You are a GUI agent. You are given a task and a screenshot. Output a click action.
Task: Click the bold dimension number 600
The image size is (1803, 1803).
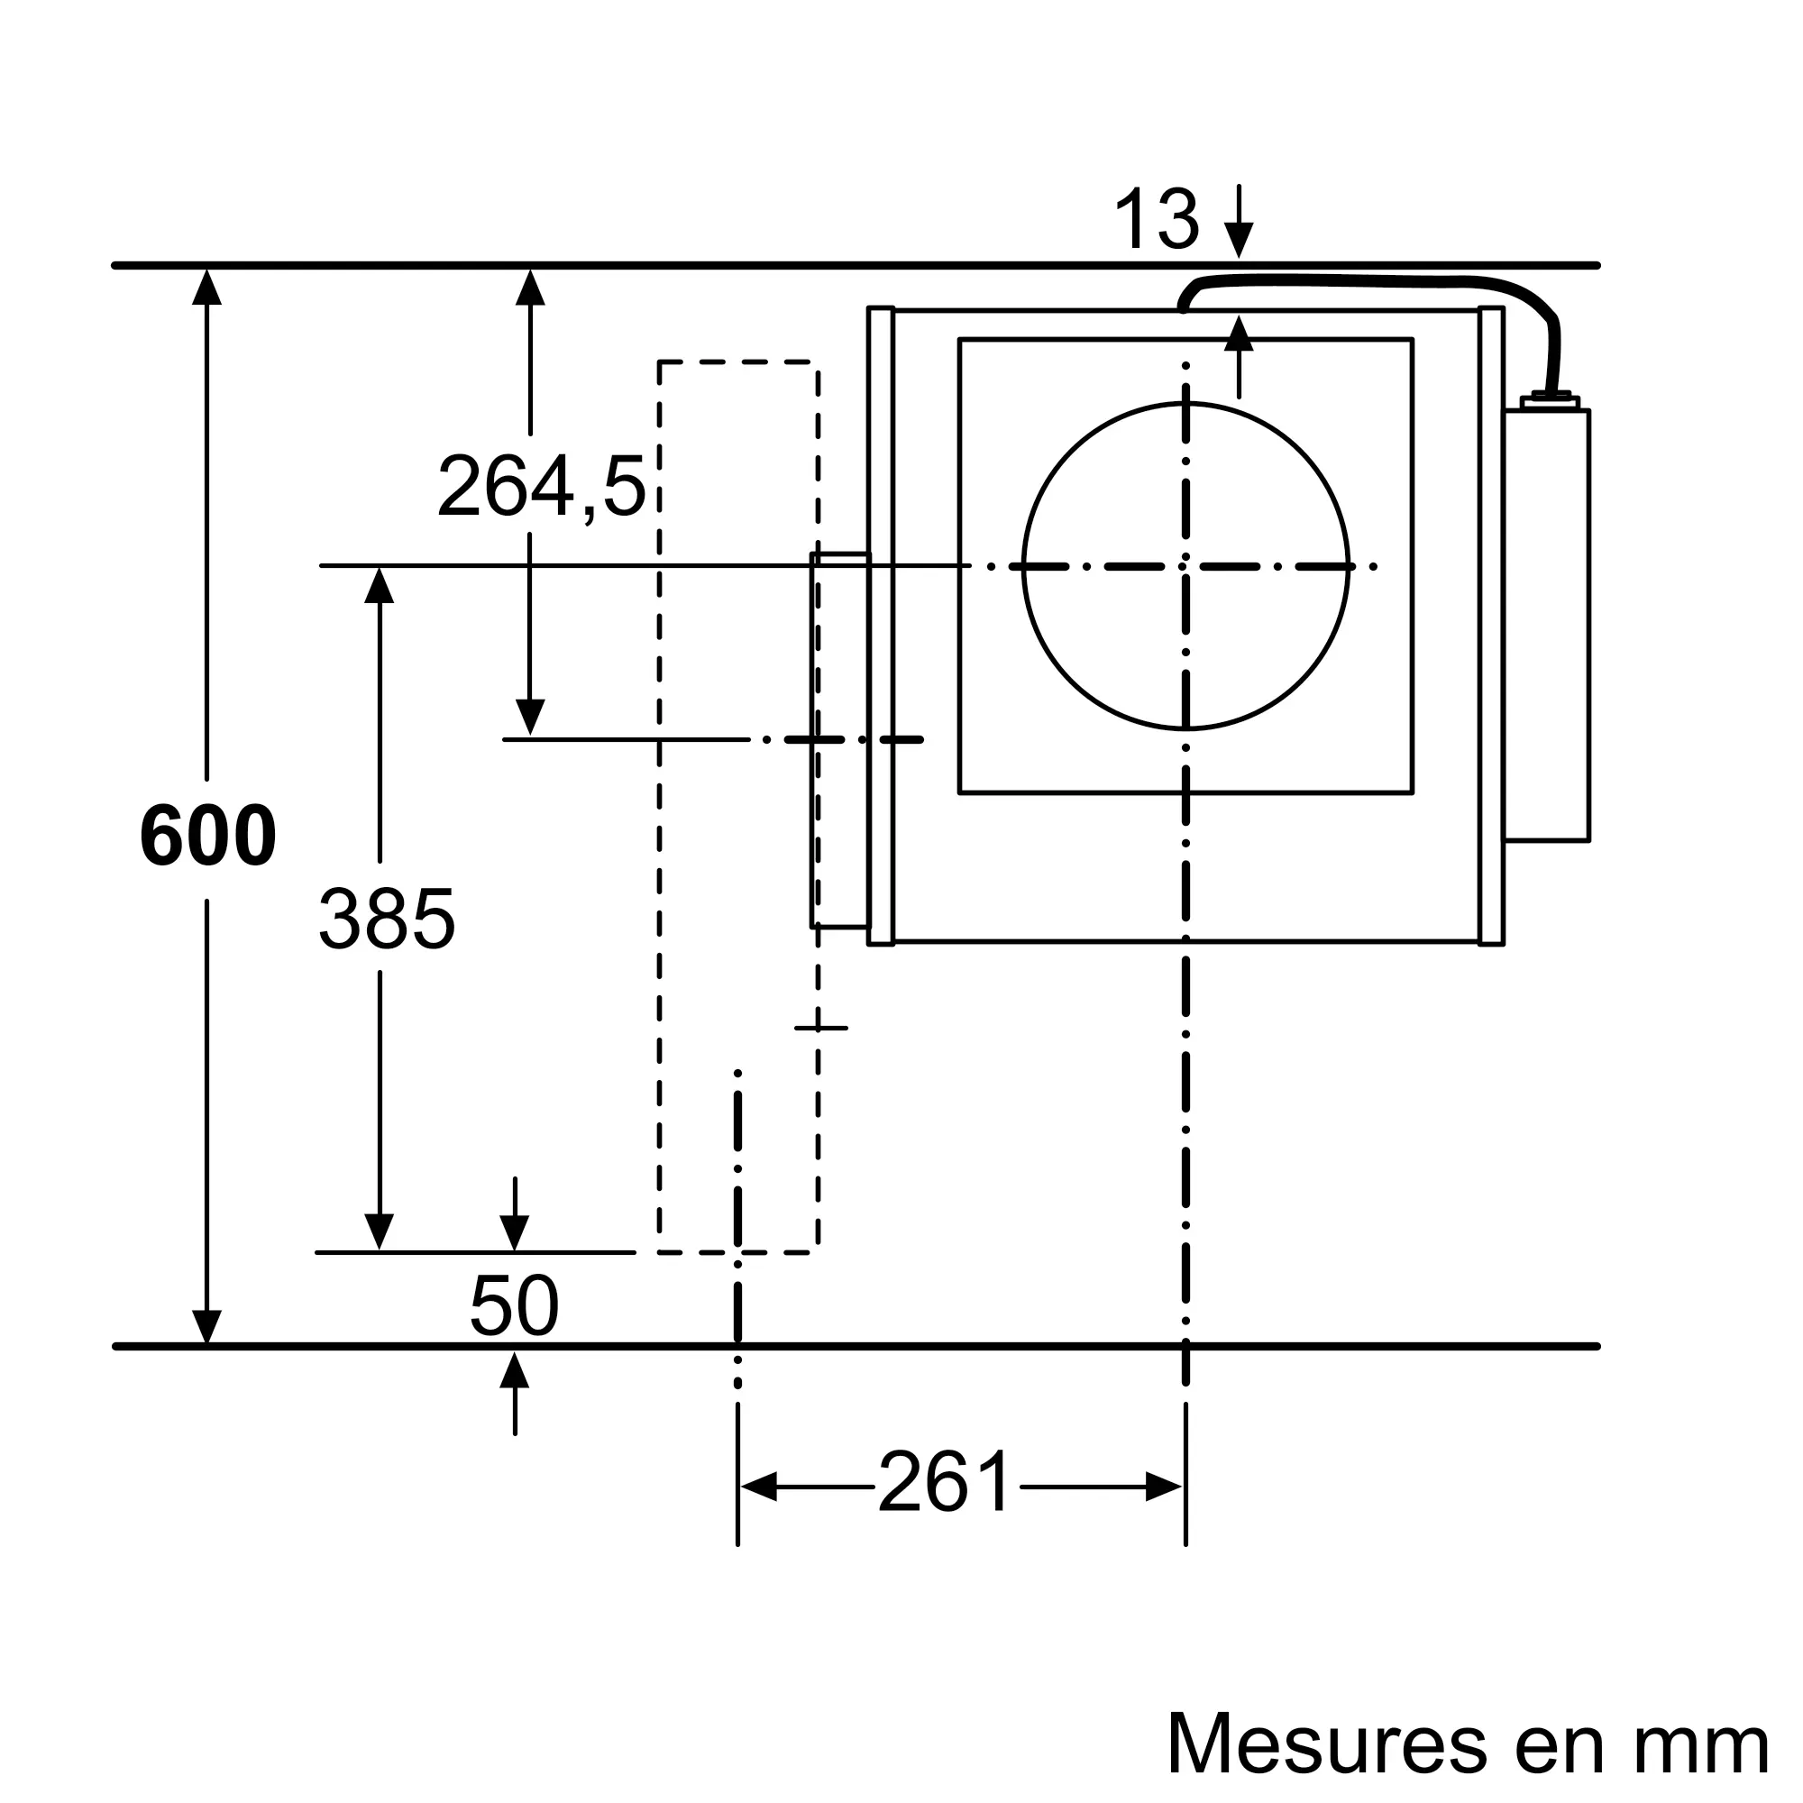[x=207, y=837]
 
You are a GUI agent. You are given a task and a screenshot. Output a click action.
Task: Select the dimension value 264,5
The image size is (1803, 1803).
[x=541, y=487]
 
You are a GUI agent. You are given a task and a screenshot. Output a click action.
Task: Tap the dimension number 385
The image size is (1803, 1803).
[x=387, y=920]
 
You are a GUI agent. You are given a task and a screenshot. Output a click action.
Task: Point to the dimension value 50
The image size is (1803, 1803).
[x=514, y=1305]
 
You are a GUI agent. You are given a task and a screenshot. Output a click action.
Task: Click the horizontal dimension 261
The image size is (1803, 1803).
[x=945, y=1483]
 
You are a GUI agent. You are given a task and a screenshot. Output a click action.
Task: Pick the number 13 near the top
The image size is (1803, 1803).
[x=1157, y=219]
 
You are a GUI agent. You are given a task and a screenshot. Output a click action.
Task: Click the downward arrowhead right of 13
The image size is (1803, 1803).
[x=1239, y=241]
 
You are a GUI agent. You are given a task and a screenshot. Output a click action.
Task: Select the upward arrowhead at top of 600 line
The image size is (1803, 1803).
[x=206, y=287]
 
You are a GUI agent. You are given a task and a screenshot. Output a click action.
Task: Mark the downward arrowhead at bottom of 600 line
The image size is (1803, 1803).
[x=206, y=1327]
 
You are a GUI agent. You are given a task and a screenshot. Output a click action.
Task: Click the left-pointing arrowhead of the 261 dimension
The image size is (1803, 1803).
[x=758, y=1487]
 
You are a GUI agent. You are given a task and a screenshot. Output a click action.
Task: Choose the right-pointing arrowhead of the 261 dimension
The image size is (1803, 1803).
[x=1165, y=1487]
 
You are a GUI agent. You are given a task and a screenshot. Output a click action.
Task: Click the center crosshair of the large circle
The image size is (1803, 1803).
[x=1185, y=566]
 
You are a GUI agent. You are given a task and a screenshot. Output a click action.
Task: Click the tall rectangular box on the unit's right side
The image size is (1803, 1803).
[x=1546, y=626]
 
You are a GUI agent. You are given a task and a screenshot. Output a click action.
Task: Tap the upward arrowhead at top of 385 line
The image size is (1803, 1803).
[x=379, y=585]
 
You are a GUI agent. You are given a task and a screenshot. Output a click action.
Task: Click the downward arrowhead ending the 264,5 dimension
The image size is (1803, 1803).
[x=530, y=717]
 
